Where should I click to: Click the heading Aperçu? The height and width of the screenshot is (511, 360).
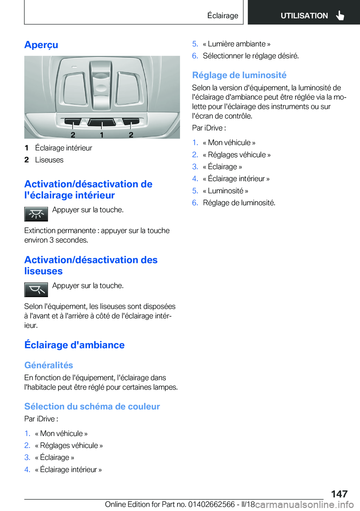click(x=41, y=45)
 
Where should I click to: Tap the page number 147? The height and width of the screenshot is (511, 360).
click(x=339, y=494)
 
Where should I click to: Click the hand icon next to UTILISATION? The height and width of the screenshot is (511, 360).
click(x=340, y=15)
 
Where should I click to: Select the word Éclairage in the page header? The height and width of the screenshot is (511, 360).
click(x=223, y=16)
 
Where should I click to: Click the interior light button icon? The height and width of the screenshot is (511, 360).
click(x=36, y=214)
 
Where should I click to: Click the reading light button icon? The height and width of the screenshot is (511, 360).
click(x=36, y=290)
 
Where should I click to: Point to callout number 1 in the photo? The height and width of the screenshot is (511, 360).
click(x=102, y=135)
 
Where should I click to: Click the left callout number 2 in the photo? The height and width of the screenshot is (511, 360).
click(x=73, y=135)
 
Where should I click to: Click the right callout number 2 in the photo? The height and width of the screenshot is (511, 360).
click(x=131, y=135)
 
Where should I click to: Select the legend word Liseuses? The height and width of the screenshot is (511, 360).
click(x=49, y=160)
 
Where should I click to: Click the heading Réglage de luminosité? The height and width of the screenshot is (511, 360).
click(x=239, y=75)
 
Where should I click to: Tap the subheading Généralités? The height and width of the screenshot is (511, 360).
click(x=49, y=365)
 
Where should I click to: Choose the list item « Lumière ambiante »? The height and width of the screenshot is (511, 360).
click(x=237, y=44)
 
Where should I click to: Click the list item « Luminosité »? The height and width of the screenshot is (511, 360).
click(x=225, y=191)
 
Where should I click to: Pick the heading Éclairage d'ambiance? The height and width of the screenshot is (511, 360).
click(x=74, y=345)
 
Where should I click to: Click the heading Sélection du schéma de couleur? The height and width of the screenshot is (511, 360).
click(x=92, y=406)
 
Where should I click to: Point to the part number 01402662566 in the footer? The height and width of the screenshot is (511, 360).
click(x=211, y=504)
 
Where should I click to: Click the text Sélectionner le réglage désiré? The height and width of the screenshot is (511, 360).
click(x=250, y=56)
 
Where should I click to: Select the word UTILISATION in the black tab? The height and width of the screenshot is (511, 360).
click(x=304, y=16)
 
